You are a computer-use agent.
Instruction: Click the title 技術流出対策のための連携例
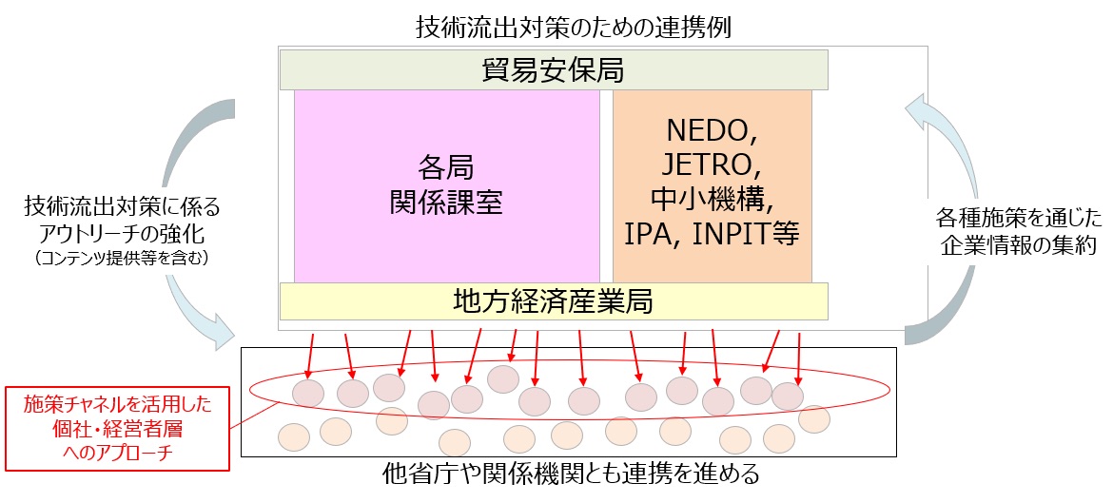pyautogui.click(x=574, y=28)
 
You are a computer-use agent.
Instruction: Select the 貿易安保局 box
pyautogui.click(x=554, y=70)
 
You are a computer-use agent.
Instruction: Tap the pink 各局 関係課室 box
pyautogui.click(x=447, y=185)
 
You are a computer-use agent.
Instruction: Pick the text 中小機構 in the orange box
pyautogui.click(x=706, y=200)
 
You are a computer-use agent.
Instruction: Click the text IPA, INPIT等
pyautogui.click(x=712, y=235)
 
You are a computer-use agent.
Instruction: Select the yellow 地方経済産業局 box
pyautogui.click(x=554, y=301)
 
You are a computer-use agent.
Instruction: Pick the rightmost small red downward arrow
pyautogui.click(x=798, y=358)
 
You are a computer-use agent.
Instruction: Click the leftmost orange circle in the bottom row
pyautogui.click(x=294, y=437)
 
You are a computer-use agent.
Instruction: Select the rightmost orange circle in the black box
pyautogui.click(x=814, y=419)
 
